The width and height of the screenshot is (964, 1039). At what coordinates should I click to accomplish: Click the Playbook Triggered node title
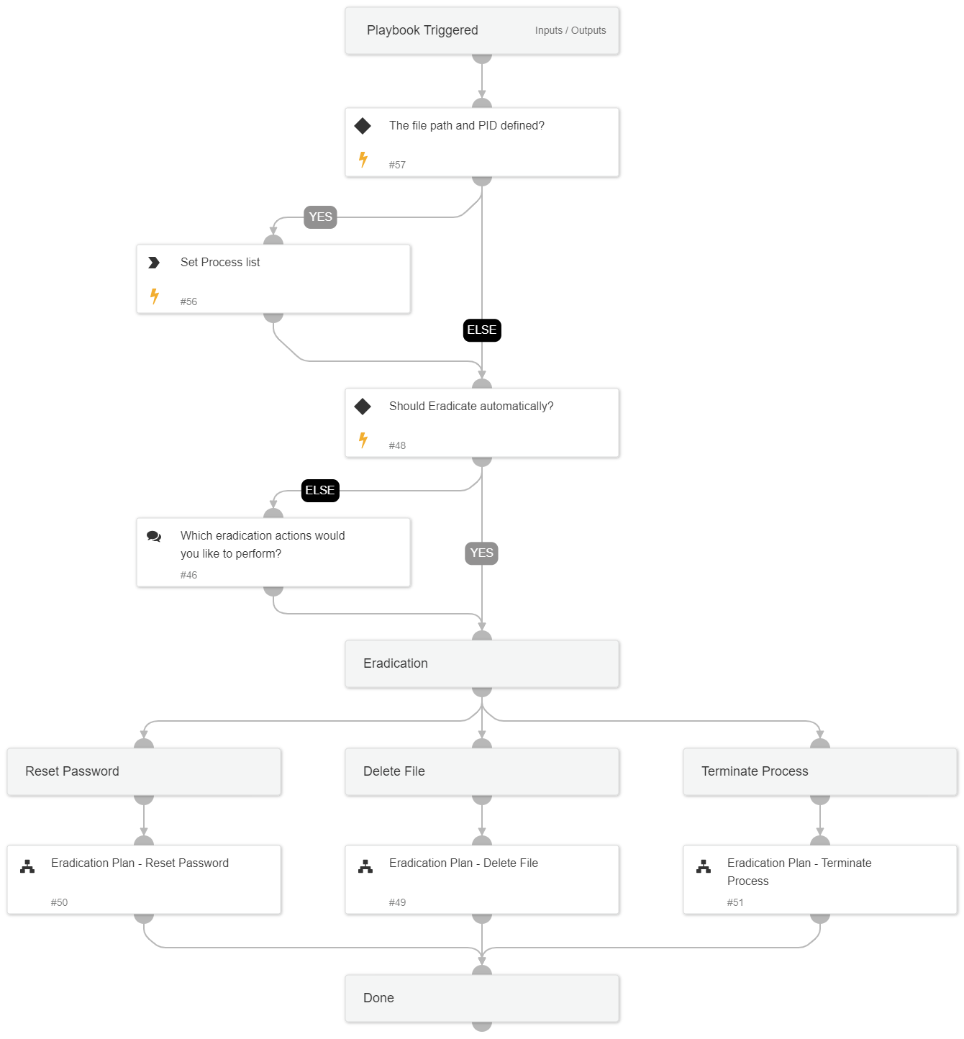422,30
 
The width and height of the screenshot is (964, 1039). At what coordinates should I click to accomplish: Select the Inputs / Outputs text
570,30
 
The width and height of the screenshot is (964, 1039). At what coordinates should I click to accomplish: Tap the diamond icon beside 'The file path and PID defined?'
363,126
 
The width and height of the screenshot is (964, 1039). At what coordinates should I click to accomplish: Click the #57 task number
397,165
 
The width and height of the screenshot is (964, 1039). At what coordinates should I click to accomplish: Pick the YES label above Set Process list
320,217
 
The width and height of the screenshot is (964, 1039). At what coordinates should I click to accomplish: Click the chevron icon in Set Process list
154,263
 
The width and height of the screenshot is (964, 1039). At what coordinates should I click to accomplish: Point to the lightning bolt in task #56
154,296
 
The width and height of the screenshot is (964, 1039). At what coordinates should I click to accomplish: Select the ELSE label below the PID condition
481,330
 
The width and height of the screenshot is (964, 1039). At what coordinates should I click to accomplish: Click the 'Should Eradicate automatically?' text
470,407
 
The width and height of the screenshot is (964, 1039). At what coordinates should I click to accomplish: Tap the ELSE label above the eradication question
319,490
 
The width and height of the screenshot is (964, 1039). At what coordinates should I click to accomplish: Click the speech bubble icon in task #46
154,536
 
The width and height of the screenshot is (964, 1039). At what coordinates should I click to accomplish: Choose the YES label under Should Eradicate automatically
481,553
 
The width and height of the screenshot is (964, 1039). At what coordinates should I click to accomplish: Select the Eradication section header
396,663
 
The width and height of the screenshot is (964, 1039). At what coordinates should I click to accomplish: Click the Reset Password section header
72,771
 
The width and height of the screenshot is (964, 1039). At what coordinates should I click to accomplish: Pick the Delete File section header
394,771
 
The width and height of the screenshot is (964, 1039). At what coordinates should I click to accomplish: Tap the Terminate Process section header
755,771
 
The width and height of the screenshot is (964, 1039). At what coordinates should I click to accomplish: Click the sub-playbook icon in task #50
27,866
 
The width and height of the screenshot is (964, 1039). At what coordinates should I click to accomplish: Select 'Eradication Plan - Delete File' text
463,863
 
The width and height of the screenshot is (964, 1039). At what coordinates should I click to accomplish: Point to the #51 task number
735,902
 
